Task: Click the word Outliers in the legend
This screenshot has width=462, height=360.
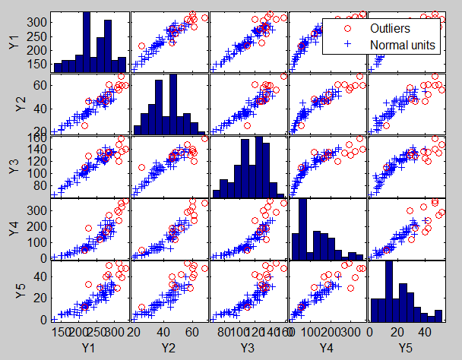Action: [x=391, y=29]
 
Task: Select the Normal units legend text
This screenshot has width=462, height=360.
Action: [x=401, y=45]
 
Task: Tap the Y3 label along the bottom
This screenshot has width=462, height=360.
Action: [x=248, y=347]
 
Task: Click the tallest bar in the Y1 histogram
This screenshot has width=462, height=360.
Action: [x=86, y=43]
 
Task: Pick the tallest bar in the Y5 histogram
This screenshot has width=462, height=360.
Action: [x=389, y=291]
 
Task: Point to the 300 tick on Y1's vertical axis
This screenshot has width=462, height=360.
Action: [x=37, y=24]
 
